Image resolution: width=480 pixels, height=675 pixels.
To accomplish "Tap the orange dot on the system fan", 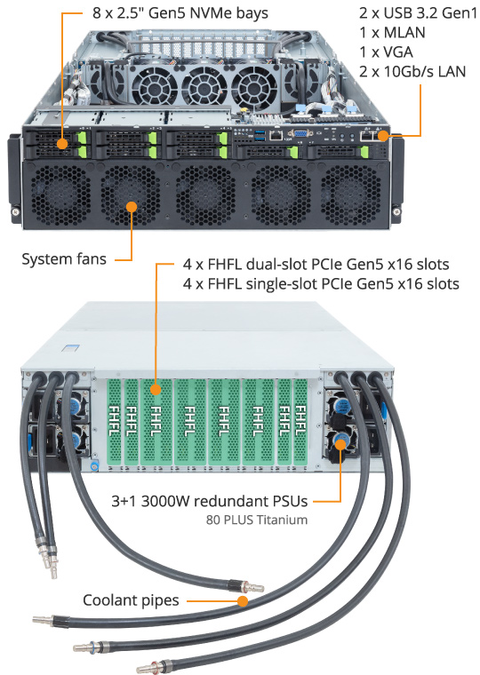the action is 132,207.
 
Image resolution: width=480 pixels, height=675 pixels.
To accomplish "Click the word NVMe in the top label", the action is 209,13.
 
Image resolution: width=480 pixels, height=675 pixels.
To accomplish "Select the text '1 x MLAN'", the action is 392,32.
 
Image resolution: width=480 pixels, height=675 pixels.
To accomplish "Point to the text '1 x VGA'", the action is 386,52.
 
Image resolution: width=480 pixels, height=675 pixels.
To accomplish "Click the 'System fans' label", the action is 64,259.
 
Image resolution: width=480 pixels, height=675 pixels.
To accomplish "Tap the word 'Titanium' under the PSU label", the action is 283,520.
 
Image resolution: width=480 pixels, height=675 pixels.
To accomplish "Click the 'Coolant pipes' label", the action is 131,600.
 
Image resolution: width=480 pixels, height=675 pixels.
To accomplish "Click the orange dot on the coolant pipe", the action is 243,601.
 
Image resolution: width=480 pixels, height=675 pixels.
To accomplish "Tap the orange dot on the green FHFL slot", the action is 156,390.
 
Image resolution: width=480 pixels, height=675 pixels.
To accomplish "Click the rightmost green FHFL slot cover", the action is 300,422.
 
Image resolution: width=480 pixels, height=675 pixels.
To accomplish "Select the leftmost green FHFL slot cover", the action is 114,422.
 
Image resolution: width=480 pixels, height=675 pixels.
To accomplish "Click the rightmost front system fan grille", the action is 352,195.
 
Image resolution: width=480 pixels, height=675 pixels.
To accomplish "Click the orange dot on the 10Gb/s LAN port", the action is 382,136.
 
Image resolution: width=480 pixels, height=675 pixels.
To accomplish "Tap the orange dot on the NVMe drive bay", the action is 63,144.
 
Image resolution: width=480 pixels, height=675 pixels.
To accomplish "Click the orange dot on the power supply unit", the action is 340,444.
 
